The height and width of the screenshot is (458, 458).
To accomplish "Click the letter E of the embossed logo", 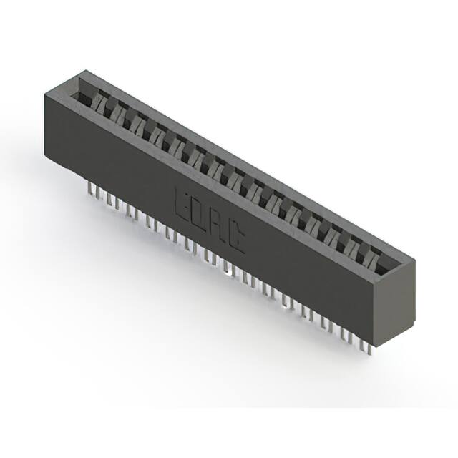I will click(x=183, y=203).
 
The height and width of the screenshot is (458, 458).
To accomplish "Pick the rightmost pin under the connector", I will click(x=366, y=346).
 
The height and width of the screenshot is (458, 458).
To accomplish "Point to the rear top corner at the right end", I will click(x=416, y=257).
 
